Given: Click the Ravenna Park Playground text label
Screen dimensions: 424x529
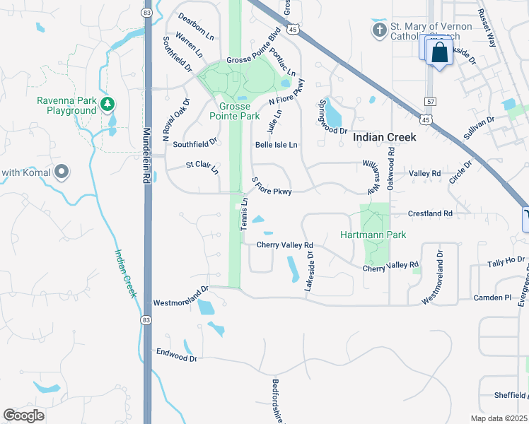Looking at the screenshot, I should point(66,105).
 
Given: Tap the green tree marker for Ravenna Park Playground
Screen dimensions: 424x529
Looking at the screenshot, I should point(107,105).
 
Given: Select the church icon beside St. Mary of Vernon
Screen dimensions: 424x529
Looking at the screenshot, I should point(380,30).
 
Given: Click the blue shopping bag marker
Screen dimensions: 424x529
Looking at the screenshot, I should point(439,52).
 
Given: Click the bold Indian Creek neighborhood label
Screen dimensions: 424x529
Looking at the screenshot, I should point(384,138).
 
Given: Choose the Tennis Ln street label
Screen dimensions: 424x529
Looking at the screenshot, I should point(245,213).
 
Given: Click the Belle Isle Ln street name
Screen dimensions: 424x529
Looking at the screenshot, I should point(277,145).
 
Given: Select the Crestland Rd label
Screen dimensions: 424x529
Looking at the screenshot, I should point(430,213).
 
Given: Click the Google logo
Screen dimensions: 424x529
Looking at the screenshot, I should point(24,415).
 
